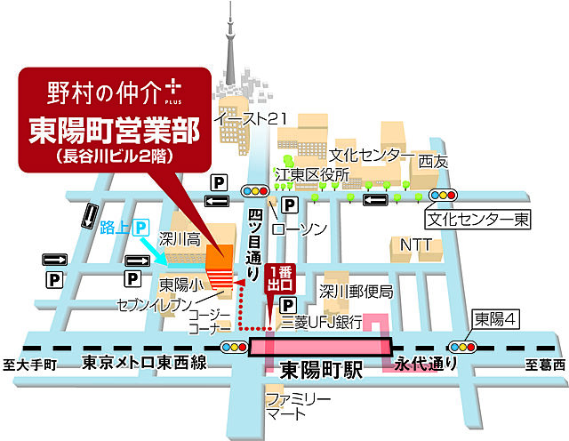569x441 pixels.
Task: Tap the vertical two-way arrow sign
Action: coord(89,215)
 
